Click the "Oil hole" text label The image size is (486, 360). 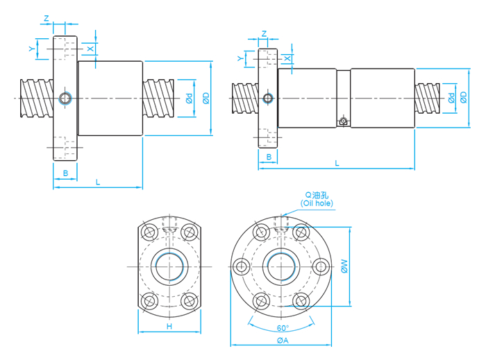[x=317, y=203]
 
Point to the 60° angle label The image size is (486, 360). [x=283, y=328]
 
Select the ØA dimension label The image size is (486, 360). [x=283, y=341]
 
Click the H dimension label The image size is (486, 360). [x=169, y=326]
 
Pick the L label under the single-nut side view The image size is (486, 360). [x=98, y=182]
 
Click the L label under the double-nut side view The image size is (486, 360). [x=337, y=163]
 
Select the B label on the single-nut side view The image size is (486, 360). [x=65, y=172]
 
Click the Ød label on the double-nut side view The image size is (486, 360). [x=452, y=98]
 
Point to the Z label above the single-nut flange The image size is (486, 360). [x=46, y=18]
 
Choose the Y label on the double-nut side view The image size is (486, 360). [x=240, y=58]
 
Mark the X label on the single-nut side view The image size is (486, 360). [x=90, y=48]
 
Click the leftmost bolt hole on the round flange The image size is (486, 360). [x=242, y=266]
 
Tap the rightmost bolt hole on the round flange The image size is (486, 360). [x=320, y=266]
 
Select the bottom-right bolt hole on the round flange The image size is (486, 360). [x=301, y=300]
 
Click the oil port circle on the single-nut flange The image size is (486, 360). [x=65, y=98]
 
